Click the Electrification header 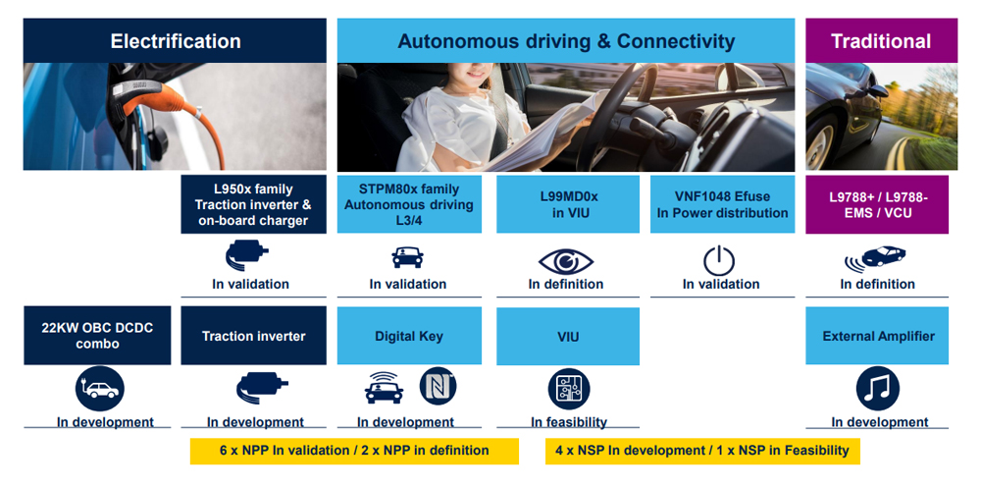[x=176, y=41]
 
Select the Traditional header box [x=881, y=41]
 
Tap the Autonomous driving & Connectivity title [x=566, y=41]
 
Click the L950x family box [x=253, y=204]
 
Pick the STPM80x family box [x=409, y=204]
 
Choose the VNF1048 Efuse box [x=723, y=204]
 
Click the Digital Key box [x=409, y=336]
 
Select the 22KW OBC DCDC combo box [x=97, y=336]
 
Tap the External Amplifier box [x=877, y=336]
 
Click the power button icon [x=719, y=261]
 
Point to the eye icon [x=566, y=261]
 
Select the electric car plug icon [x=100, y=389]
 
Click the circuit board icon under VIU [x=569, y=389]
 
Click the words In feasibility [x=569, y=422]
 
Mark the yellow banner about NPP [x=354, y=451]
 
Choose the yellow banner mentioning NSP [x=702, y=451]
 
